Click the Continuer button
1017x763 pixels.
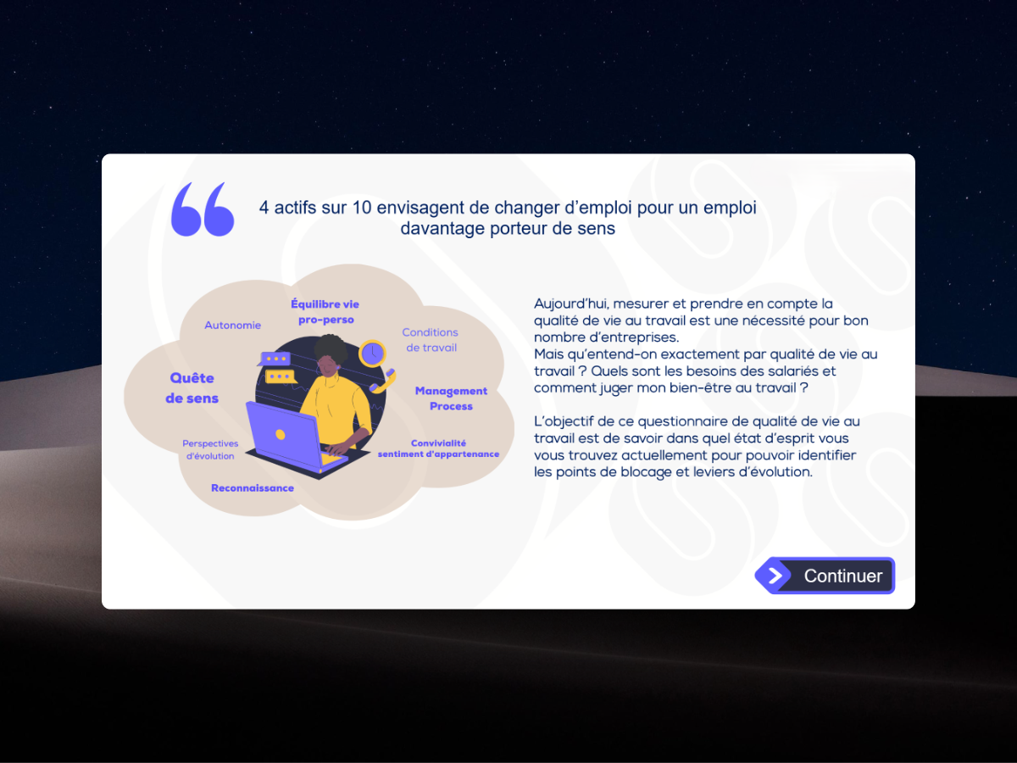click(825, 576)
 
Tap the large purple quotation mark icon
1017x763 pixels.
click(203, 209)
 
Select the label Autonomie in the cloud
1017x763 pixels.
click(232, 326)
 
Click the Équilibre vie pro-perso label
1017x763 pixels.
click(325, 312)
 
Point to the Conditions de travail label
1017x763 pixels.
click(431, 340)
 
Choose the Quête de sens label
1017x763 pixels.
click(192, 388)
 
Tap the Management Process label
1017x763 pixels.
click(451, 398)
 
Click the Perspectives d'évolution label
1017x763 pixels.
click(210, 450)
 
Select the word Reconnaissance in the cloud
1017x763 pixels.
click(253, 487)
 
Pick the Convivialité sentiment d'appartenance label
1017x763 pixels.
click(438, 448)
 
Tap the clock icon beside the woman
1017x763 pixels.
click(372, 354)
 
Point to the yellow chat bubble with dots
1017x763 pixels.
click(280, 376)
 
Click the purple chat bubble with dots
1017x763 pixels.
click(275, 359)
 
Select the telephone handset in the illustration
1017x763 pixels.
click(383, 381)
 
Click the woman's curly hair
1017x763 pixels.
click(331, 348)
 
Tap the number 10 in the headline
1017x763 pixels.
click(362, 208)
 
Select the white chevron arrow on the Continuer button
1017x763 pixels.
click(775, 576)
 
